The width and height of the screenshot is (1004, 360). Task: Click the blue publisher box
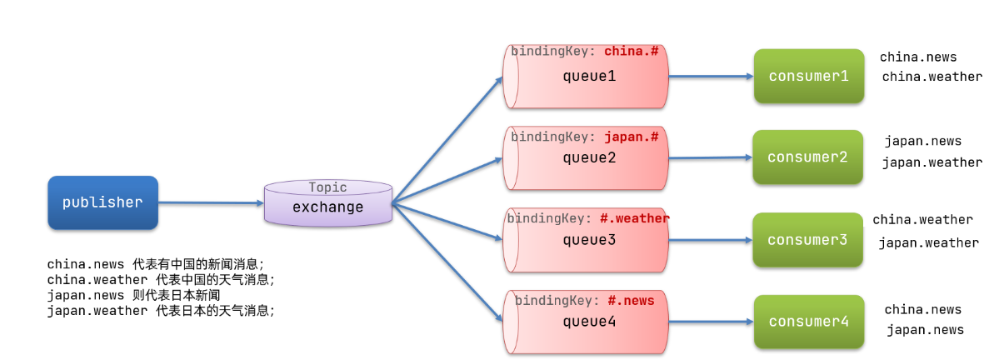(x=103, y=202)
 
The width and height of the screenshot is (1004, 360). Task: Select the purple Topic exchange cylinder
(x=328, y=203)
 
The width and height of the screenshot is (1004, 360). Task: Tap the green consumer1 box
(x=809, y=76)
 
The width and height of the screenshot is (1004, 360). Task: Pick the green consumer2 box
(x=807, y=157)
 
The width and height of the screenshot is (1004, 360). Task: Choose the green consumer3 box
(x=807, y=240)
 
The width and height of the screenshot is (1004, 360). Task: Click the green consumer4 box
(x=809, y=322)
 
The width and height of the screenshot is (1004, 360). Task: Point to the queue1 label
(x=589, y=76)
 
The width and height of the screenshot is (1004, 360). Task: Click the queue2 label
(x=589, y=157)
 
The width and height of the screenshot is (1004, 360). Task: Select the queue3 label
(x=589, y=240)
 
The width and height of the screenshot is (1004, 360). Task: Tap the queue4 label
(x=589, y=322)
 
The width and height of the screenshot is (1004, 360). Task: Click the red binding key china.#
(x=631, y=51)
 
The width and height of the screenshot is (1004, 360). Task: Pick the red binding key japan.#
(x=632, y=137)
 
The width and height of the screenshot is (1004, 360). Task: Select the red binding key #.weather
(x=635, y=218)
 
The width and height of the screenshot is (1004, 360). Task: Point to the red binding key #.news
(x=631, y=300)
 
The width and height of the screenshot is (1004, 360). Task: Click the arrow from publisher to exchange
(x=211, y=203)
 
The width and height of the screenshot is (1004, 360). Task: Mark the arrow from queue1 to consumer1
(x=711, y=77)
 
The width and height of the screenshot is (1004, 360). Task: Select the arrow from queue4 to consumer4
(x=711, y=322)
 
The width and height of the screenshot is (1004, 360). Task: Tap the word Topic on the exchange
(x=327, y=187)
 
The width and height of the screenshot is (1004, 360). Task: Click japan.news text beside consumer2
(x=923, y=142)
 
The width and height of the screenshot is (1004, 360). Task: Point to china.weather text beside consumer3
(x=923, y=220)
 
